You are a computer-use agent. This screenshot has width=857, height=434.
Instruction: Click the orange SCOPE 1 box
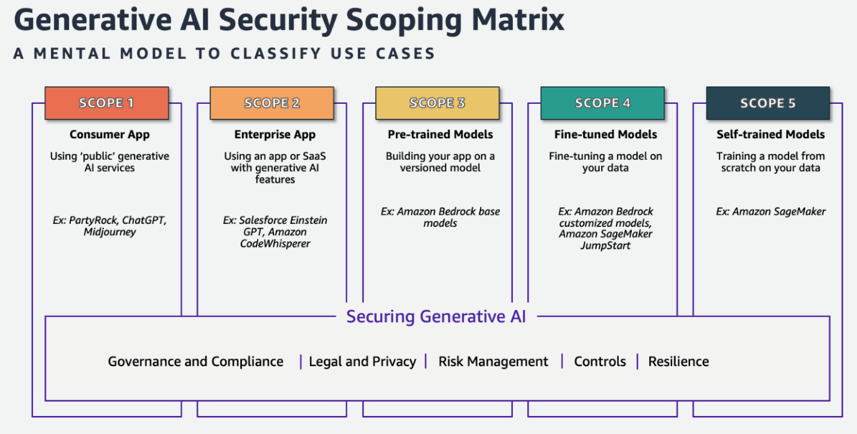click(106, 103)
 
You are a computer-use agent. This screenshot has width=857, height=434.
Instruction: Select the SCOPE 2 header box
click(272, 103)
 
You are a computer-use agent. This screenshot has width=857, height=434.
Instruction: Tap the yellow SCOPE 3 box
click(437, 103)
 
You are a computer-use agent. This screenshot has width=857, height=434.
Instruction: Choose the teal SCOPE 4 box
click(602, 103)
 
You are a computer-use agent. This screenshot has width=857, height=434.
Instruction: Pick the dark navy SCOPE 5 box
click(767, 103)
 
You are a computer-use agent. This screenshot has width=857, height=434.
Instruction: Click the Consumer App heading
click(110, 134)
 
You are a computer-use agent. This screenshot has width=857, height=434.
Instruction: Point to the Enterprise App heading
click(274, 134)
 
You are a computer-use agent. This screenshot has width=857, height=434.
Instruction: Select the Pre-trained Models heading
click(440, 134)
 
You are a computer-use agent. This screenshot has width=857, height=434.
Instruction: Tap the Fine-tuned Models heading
click(606, 134)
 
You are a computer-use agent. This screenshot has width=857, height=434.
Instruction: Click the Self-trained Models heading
click(770, 134)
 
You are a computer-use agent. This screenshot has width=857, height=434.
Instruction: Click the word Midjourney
click(110, 232)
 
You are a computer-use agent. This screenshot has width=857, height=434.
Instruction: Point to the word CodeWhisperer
click(275, 244)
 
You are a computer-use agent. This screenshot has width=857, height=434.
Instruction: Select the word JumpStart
click(606, 246)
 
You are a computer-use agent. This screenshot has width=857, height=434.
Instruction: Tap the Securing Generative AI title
click(436, 316)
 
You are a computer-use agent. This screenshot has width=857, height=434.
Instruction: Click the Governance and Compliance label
click(195, 362)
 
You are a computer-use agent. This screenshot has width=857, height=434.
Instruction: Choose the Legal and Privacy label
click(362, 362)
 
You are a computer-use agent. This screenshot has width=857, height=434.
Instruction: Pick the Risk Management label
click(493, 362)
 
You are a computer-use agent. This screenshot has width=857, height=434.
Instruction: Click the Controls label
click(600, 362)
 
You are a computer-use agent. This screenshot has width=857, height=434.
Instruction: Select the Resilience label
click(678, 362)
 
